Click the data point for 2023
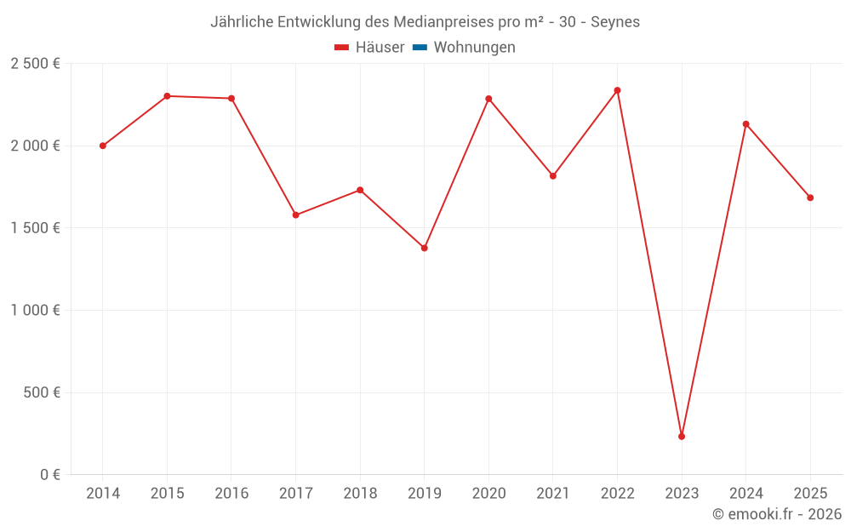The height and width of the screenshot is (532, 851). coord(682,437)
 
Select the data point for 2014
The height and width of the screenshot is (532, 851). coord(103,146)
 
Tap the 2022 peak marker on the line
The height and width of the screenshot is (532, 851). coord(617,90)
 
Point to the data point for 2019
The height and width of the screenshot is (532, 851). coord(424,248)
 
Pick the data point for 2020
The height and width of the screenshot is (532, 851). coord(488,99)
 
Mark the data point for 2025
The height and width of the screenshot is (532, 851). coord(810,197)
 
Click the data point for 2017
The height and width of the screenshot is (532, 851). coord(295,215)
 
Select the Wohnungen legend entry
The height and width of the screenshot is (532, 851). coord(474,48)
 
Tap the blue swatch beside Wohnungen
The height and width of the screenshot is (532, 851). coord(420,48)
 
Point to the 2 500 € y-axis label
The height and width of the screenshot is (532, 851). coord(35,64)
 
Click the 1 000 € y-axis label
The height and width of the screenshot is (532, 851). coord(35,311)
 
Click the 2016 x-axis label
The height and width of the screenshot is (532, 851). coord(231,494)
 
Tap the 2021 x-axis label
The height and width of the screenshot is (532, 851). coord(553,494)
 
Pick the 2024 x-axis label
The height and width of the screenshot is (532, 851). coord(746,494)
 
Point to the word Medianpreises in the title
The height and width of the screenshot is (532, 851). coord(436,22)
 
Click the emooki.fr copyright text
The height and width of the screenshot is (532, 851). coord(777,514)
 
